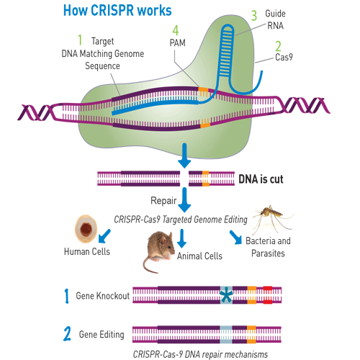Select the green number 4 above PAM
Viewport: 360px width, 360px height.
pyautogui.click(x=175, y=30)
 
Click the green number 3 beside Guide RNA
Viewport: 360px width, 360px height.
pyautogui.click(x=253, y=14)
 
